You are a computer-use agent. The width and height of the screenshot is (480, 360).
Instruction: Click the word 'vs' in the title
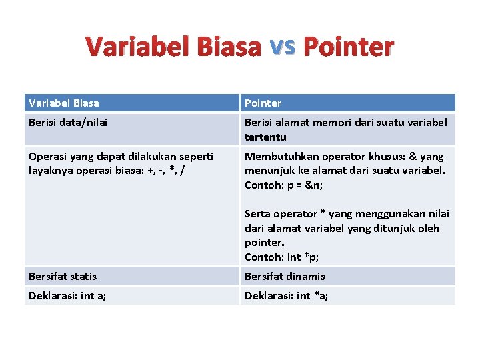pos(282,45)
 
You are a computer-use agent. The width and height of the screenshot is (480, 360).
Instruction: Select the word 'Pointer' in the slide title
pos(348,47)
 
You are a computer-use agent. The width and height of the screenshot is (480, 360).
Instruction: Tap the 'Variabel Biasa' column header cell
pos(64,103)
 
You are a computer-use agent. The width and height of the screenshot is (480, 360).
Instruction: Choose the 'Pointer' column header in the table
pos(263,103)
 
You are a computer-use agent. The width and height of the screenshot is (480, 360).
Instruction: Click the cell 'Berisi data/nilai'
pos(68,123)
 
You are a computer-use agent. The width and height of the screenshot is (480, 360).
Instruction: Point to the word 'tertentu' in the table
pos(265,137)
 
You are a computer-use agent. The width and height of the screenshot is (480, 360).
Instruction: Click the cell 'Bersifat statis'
pos(63,277)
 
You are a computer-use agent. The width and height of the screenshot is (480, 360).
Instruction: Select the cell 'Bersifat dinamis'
pos(285,277)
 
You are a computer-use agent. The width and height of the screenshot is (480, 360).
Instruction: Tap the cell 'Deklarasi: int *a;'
pos(286,296)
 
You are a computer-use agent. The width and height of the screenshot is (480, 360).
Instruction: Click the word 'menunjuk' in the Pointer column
pos(268,171)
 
